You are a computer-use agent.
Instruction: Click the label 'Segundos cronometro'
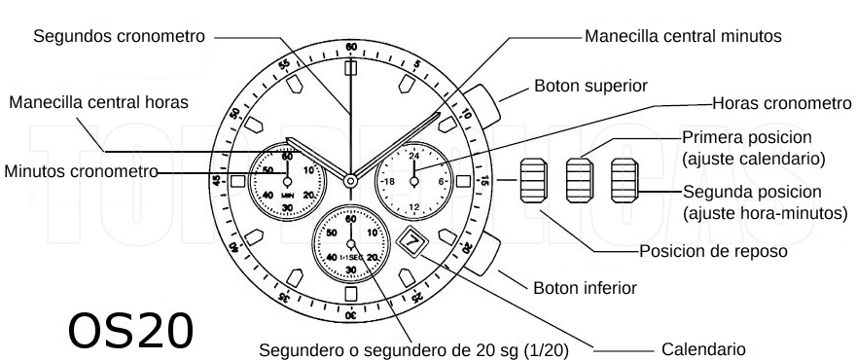(119, 36)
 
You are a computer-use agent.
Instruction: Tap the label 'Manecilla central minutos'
(683, 36)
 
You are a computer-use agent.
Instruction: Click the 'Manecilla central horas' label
(98, 102)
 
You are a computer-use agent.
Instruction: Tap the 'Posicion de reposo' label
(712, 251)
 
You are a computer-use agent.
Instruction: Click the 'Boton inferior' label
(585, 288)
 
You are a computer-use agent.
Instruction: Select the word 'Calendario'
(703, 348)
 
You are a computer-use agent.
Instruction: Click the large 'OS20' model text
(130, 331)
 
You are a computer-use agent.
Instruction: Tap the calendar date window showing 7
(411, 240)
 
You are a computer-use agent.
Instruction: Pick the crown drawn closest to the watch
(534, 181)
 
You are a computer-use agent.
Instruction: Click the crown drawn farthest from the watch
(624, 181)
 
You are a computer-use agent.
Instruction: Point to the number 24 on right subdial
(414, 156)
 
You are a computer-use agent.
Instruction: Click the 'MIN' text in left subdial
(288, 194)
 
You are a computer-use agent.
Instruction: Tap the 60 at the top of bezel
(350, 47)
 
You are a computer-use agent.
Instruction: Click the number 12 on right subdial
(414, 206)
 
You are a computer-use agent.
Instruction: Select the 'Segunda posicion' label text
(752, 191)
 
